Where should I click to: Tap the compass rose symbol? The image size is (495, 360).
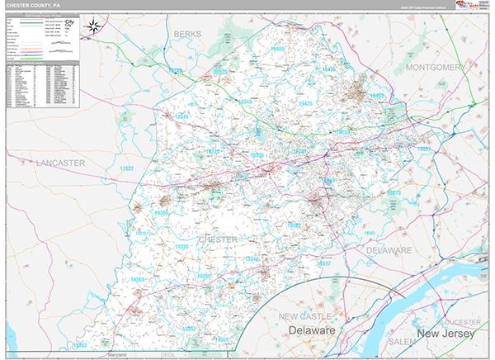(95, 26)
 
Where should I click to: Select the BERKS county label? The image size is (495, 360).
(187, 34)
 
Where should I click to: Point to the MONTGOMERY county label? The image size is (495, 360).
(436, 67)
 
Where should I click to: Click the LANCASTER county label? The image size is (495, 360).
(60, 163)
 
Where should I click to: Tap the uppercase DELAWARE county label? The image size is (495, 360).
(389, 249)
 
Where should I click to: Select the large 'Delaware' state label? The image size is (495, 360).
(311, 330)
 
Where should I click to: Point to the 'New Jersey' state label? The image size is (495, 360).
(445, 334)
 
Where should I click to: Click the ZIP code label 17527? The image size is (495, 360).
(126, 168)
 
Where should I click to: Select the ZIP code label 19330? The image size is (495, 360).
(182, 247)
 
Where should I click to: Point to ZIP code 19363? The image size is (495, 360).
(139, 280)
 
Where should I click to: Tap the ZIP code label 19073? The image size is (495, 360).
(394, 193)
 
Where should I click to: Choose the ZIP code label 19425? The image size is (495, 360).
(306, 104)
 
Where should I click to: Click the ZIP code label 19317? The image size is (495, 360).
(324, 263)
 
